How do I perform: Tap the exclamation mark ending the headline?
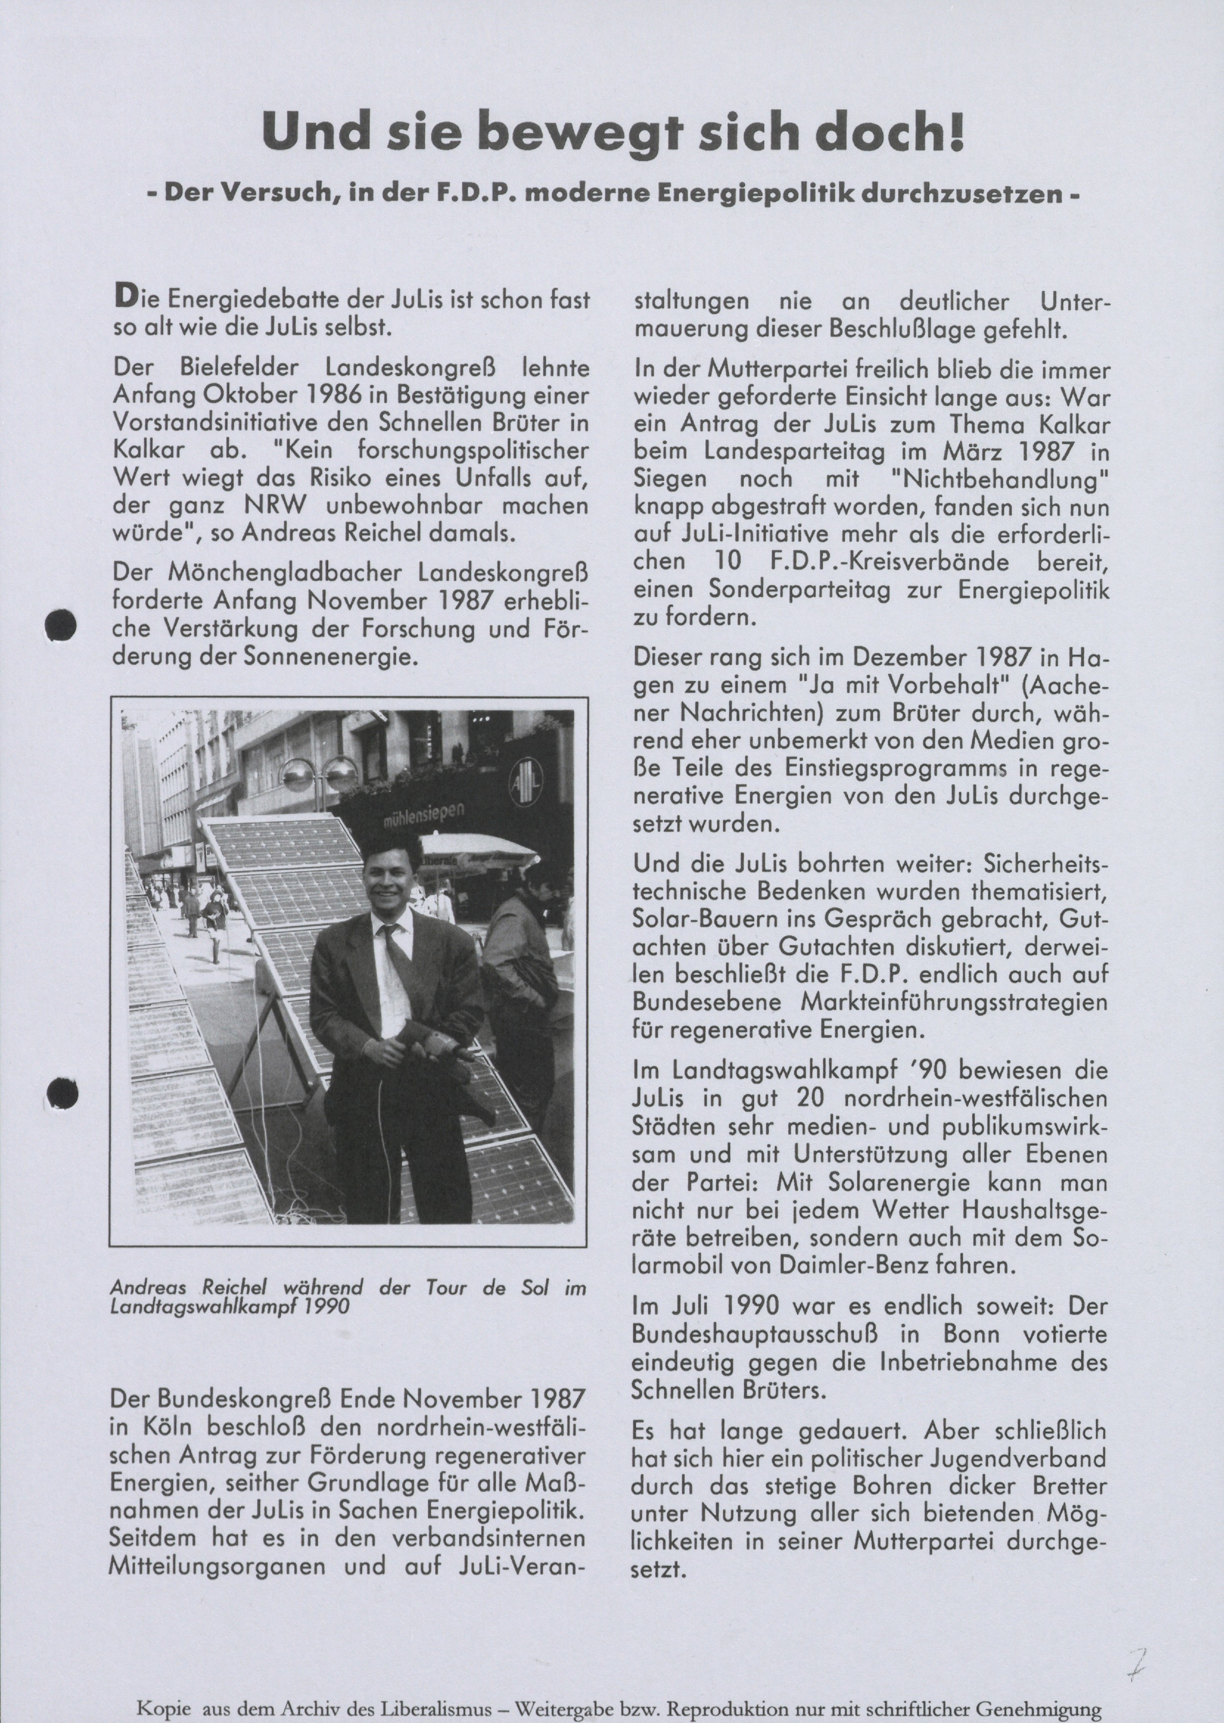(x=955, y=132)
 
